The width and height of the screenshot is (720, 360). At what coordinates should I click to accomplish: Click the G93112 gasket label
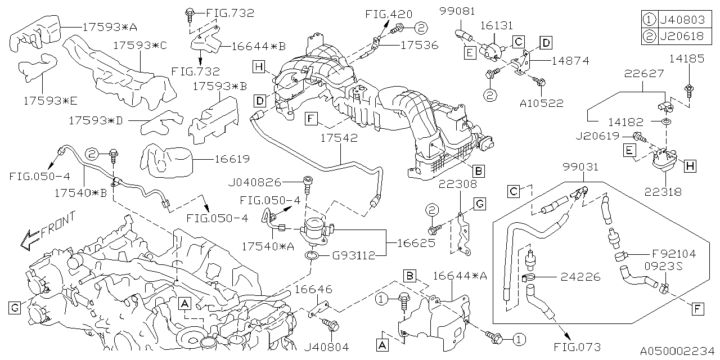[353, 256]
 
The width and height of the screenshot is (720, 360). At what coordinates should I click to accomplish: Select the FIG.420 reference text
[388, 14]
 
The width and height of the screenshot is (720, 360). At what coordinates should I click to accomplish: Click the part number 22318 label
[664, 192]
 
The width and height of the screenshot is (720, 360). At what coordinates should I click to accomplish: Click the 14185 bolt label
[687, 58]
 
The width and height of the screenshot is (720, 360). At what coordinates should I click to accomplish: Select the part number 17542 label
[340, 138]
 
